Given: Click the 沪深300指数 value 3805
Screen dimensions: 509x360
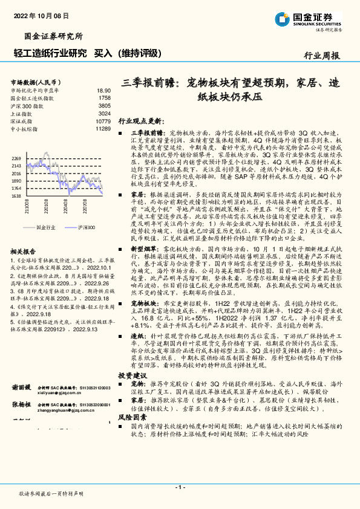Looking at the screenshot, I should [104, 105].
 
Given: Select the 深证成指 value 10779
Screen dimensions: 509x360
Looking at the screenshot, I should [102, 121].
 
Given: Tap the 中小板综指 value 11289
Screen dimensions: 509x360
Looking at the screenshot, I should [102, 129].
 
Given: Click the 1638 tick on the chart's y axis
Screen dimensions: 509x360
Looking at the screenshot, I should [16, 196].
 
